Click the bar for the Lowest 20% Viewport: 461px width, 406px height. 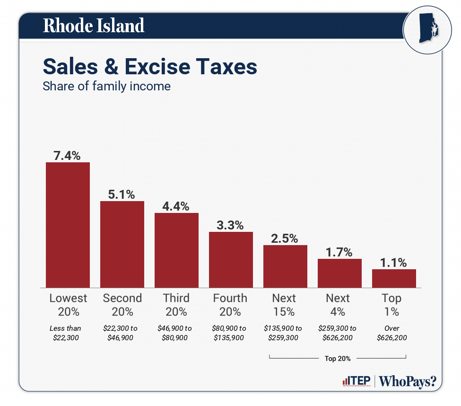tap(68, 225)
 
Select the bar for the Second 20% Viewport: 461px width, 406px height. tap(122, 244)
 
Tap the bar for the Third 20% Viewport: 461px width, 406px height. tap(176, 250)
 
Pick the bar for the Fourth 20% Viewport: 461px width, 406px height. tap(231, 259)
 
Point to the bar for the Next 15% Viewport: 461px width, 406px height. tap(285, 266)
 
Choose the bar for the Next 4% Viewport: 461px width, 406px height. tap(339, 273)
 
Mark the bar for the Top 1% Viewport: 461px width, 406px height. tap(394, 278)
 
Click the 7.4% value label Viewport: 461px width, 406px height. tap(68, 155)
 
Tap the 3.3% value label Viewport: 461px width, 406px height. tap(231, 225)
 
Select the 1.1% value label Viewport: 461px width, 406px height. tap(394, 263)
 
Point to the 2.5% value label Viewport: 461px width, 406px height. tap(285, 238)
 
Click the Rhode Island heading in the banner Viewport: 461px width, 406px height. tap(94, 26)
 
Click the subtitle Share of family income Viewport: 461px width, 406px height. tap(106, 87)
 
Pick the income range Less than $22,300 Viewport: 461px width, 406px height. tap(65, 333)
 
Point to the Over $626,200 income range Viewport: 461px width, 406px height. tap(391, 333)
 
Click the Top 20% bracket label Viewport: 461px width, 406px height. tap(338, 358)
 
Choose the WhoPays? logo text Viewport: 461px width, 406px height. tap(408, 381)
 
